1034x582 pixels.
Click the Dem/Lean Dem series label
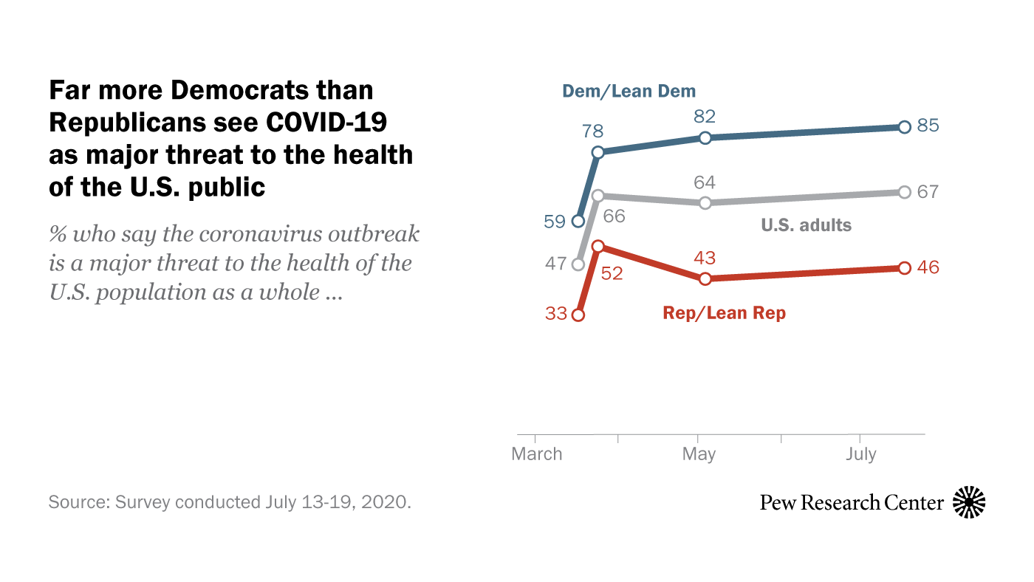(629, 92)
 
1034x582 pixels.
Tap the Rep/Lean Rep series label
(725, 313)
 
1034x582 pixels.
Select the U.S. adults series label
(806, 225)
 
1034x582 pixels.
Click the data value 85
(928, 126)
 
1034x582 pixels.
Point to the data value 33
(556, 314)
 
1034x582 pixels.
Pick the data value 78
(593, 132)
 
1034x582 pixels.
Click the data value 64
(705, 182)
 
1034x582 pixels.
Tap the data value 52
(612, 273)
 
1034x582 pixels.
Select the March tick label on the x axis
(537, 453)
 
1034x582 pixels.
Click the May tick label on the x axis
(699, 453)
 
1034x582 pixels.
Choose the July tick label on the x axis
(861, 453)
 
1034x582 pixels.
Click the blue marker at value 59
(578, 220)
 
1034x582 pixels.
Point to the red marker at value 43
(705, 278)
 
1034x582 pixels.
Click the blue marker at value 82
(705, 137)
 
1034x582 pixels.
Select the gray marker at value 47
(578, 264)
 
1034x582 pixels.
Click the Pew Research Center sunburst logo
(969, 503)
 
